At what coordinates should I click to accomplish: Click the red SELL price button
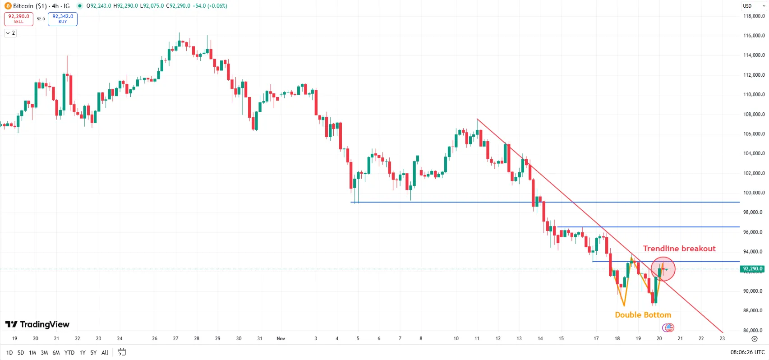coord(18,19)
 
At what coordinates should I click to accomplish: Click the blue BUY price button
coord(63,19)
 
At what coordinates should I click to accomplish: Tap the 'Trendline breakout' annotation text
coord(679,249)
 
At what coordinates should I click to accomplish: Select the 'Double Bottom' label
coord(643,315)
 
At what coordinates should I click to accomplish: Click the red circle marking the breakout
coord(663,269)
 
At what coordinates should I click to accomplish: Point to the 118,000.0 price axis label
coord(754,16)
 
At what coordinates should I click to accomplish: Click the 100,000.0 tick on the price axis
coord(754,193)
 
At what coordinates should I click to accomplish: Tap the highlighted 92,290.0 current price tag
coord(752,269)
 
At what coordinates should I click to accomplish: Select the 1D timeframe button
coord(9,353)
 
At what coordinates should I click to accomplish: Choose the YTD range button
coord(69,353)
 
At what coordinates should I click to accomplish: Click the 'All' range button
coord(105,353)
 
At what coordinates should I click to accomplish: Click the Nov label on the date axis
coord(281,338)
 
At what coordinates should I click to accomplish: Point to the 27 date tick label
coord(175,338)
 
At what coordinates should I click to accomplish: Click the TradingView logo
coord(37,324)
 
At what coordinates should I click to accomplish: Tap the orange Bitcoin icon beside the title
coord(8,6)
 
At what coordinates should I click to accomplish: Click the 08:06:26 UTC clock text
coord(747,352)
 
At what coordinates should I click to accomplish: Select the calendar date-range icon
coord(122,352)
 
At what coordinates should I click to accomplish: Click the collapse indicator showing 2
coord(10,33)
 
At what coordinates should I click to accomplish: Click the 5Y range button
coord(93,353)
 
